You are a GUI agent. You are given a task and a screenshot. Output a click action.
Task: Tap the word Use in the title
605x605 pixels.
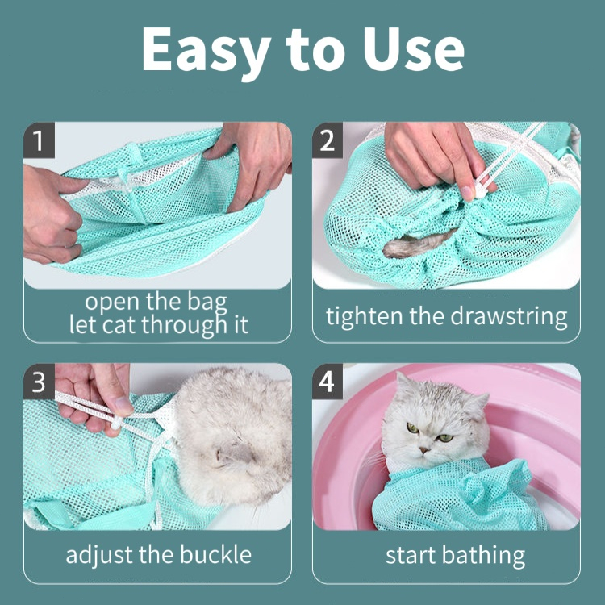click(414, 49)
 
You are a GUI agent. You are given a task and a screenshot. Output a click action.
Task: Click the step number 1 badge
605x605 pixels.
click(39, 140)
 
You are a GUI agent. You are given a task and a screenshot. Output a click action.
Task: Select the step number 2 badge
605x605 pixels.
click(328, 140)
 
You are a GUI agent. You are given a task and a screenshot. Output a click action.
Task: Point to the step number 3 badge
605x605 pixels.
click(39, 382)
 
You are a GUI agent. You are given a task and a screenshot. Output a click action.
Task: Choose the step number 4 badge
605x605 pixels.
click(328, 382)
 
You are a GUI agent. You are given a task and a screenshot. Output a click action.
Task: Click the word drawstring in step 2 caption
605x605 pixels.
click(508, 317)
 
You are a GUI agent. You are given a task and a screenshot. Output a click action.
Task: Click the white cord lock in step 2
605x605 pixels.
click(481, 190)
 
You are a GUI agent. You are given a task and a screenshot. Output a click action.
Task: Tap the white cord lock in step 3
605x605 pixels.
click(116, 422)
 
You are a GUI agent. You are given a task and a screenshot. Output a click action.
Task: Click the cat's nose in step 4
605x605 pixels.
click(424, 449)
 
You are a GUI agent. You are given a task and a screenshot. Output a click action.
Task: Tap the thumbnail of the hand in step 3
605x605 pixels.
click(124, 405)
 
